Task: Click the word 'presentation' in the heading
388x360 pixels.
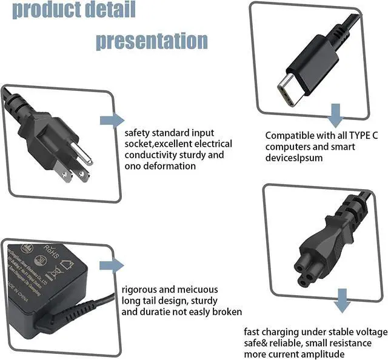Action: click(152, 41)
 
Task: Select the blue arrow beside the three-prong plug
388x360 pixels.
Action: click(112, 119)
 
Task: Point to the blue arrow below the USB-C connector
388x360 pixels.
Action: click(335, 114)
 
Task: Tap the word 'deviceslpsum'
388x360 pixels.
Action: click(294, 158)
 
